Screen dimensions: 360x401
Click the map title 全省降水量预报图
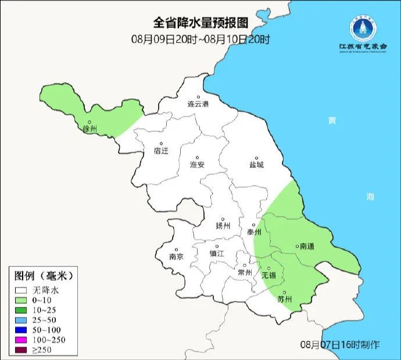pos(201,23)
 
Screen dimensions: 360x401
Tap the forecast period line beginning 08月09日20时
pos(201,40)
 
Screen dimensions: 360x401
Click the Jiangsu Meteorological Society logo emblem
pos(362,26)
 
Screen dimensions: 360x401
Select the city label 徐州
pos(89,129)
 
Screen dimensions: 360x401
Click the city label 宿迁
pos(161,150)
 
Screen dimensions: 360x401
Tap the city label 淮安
pos(198,165)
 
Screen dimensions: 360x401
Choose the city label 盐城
pos(256,165)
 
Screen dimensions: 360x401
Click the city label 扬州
pos(223,226)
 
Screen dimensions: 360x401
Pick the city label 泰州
pos(254,231)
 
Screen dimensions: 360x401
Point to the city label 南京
pos(176,256)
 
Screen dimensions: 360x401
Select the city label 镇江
pos(216,254)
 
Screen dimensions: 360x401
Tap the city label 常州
pos(245,272)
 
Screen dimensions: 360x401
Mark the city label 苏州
pos(284,300)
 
